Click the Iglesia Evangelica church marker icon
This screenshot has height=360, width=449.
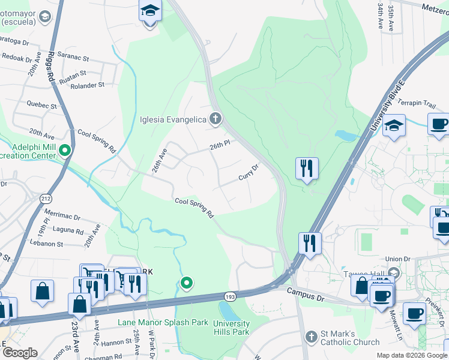tap(215, 118)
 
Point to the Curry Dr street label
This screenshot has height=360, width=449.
tap(248, 173)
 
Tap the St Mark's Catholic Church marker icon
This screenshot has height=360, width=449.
tap(312, 337)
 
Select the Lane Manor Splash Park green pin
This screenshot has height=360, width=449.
tap(187, 283)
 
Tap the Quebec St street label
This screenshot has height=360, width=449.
tap(41, 105)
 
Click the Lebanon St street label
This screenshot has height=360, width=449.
tap(47, 244)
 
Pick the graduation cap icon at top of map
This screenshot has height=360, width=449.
tap(149, 11)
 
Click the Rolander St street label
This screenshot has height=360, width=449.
tap(88, 85)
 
